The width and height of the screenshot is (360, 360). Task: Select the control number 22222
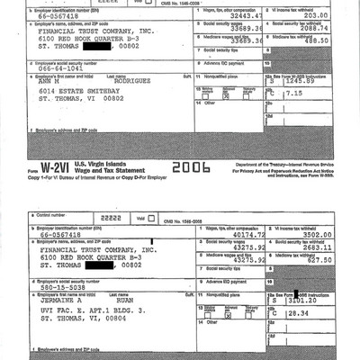click(107, 217)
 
